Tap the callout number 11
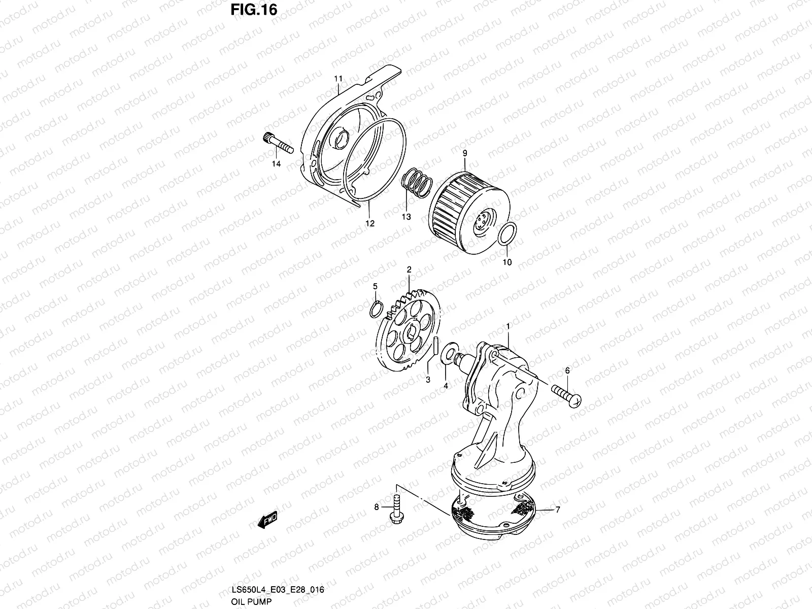point(338,79)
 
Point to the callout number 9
point(464,153)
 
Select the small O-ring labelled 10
point(508,235)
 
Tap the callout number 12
point(369,223)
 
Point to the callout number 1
point(507,325)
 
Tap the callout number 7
point(558,510)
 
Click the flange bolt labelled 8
point(396,507)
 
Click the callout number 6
point(567,371)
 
